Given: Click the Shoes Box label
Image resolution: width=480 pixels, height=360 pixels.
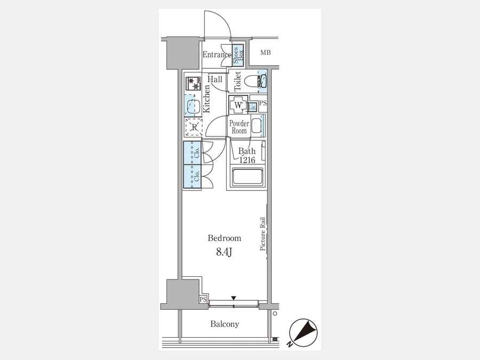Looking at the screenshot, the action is tap(238, 55).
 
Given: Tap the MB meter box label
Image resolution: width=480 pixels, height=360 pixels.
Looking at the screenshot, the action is tap(266, 53).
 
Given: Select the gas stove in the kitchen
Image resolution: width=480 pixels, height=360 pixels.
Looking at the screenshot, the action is tap(193, 84).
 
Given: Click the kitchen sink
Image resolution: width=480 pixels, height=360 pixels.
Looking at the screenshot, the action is tap(193, 105).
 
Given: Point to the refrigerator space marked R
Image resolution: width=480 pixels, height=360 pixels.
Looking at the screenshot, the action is tap(194, 127).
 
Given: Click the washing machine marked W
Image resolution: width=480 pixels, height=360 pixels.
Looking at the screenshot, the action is tap(238, 105).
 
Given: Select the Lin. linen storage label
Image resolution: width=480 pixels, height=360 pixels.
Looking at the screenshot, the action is tap(253, 107).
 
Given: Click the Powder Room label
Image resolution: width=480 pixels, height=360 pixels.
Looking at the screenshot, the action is tap(239, 127).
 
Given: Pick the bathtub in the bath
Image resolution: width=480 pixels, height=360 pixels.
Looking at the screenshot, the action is tap(247, 177).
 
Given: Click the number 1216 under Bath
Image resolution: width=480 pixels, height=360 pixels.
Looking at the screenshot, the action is tap(247, 160).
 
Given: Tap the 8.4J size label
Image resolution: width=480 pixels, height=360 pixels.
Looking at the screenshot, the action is tap(225, 252).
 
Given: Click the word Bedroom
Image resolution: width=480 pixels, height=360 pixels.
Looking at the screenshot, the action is tap(225, 238).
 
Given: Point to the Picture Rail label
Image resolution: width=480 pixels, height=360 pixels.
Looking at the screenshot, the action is tap(262, 234).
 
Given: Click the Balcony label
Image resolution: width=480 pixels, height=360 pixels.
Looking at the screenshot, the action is tap(225, 324).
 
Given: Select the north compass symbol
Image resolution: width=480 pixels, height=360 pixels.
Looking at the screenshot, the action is tap(303, 332).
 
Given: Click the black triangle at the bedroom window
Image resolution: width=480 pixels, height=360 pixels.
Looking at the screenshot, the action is tap(234, 298).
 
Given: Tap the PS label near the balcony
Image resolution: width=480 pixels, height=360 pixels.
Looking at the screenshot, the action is tap(203, 299).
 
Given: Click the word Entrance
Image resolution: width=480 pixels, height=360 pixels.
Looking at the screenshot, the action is tap(217, 55).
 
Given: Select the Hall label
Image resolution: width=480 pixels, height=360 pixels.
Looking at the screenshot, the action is tap(215, 79).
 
